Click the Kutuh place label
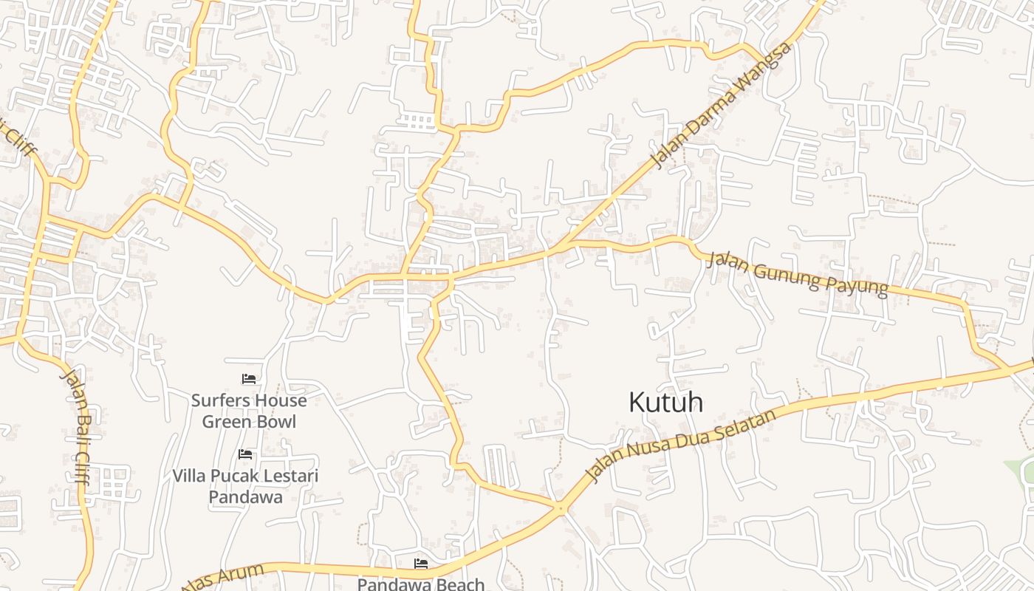pyautogui.click(x=665, y=403)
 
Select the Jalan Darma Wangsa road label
pyautogui.click(x=721, y=103)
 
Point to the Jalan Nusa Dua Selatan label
pyautogui.click(x=680, y=444)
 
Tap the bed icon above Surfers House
pyautogui.click(x=249, y=379)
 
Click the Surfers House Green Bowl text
pyautogui.click(x=249, y=411)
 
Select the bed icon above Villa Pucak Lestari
pyautogui.click(x=245, y=454)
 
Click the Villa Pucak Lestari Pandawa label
pyautogui.click(x=245, y=486)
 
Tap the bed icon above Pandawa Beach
pyautogui.click(x=421, y=564)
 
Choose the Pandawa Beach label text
pyautogui.click(x=421, y=584)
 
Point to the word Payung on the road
pyautogui.click(x=858, y=284)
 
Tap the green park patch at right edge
pyautogui.click(x=1022, y=473)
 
